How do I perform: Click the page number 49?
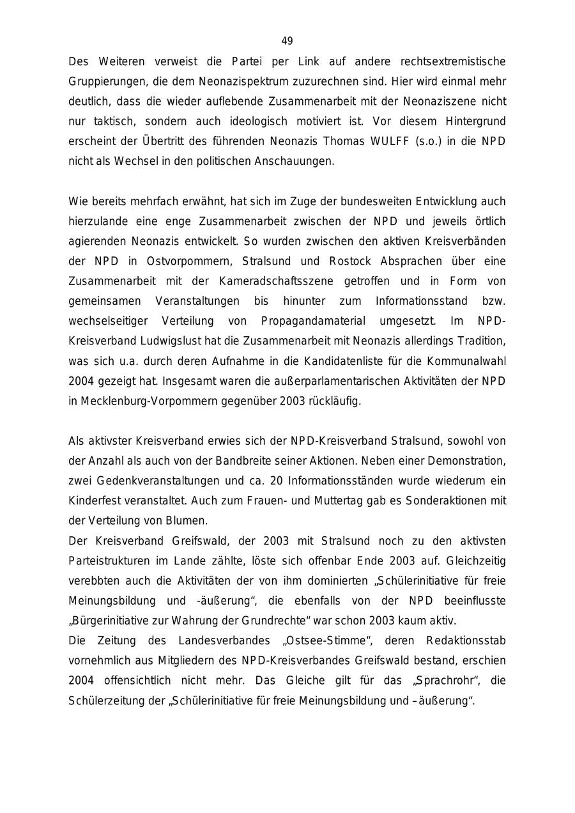(x=287, y=42)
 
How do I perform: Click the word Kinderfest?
(x=94, y=501)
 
